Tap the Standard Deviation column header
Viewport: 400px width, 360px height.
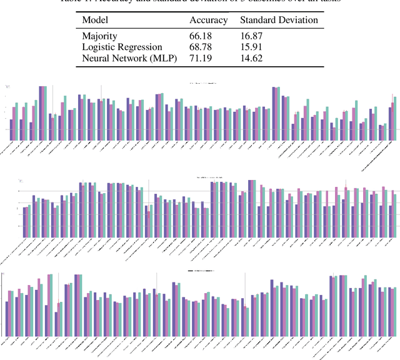tap(279, 20)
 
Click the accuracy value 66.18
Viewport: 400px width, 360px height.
tap(201, 37)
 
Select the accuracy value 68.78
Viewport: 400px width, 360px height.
tap(201, 47)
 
